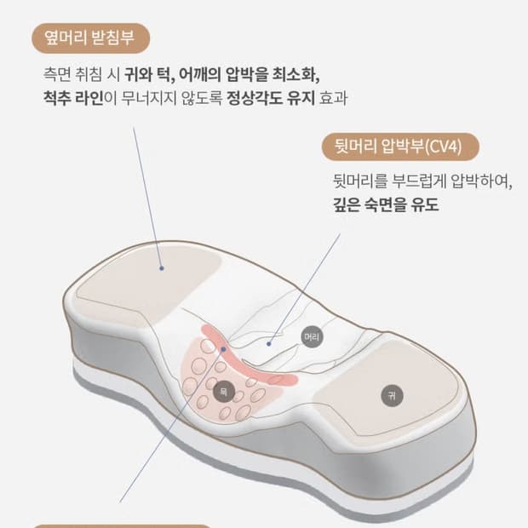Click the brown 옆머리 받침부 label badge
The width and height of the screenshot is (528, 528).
coord(90,37)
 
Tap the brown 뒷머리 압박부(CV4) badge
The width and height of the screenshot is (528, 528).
coord(399,146)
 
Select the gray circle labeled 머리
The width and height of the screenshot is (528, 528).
coord(312,337)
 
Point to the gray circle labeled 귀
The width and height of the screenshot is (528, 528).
coord(391,395)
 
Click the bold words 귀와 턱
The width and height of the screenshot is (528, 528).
coord(148,73)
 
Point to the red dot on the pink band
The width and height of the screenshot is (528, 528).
coord(223,348)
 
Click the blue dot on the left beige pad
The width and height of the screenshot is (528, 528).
coord(160,267)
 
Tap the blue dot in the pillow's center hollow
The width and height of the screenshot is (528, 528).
coord(268,344)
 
